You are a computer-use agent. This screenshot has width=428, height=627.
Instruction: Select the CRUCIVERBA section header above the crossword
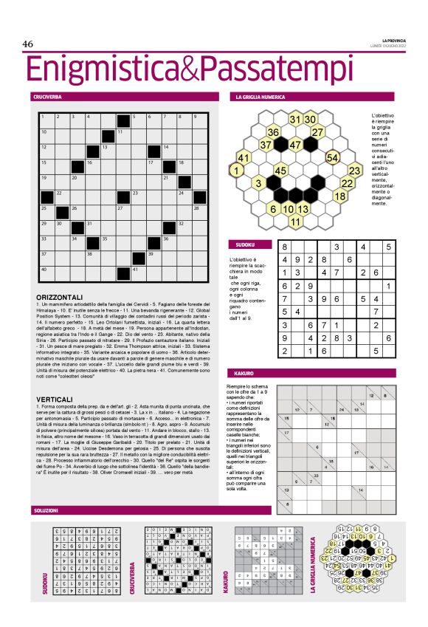coord(46,97)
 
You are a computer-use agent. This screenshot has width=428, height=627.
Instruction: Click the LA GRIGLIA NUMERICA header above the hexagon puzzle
coord(260,97)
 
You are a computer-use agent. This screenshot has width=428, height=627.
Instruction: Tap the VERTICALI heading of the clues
coord(54,399)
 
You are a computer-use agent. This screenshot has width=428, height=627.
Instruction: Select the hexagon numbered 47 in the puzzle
coord(296,145)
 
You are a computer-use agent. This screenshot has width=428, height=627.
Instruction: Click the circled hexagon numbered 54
coord(333,157)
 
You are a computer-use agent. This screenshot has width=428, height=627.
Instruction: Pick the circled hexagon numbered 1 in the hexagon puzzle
coord(236,171)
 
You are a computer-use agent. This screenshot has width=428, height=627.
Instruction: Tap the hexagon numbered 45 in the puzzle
coord(280,171)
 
